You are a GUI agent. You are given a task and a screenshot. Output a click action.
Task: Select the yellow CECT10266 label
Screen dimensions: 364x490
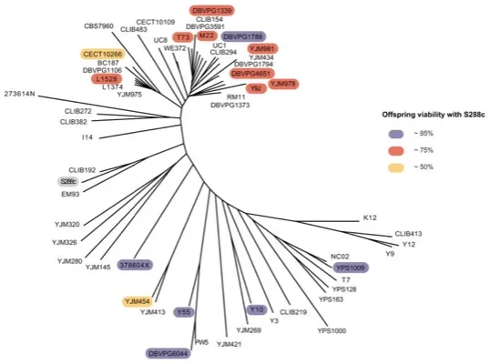coord(101,54)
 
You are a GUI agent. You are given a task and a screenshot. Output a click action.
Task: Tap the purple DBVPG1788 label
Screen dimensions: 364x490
coord(242,36)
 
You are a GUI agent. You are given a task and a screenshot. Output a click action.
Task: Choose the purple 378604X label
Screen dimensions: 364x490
coord(135,264)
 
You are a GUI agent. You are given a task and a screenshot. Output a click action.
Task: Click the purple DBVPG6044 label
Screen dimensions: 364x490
coord(168,352)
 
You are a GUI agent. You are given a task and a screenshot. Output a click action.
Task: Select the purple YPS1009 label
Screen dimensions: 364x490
coord(349,268)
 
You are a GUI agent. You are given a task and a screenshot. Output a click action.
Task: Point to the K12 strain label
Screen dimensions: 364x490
coord(369,217)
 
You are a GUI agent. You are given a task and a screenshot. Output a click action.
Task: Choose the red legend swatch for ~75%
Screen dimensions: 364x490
coord(393,148)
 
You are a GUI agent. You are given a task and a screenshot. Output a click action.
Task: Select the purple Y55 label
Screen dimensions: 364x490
coord(185,311)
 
